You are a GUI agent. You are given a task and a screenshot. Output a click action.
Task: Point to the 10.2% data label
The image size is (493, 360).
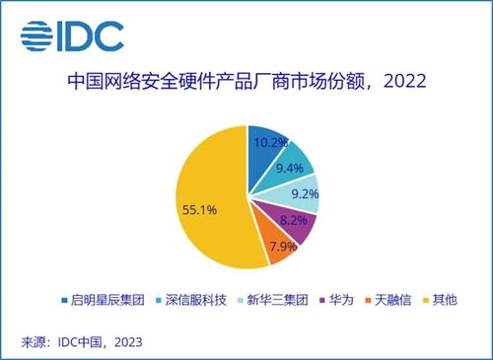point(272,141)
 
